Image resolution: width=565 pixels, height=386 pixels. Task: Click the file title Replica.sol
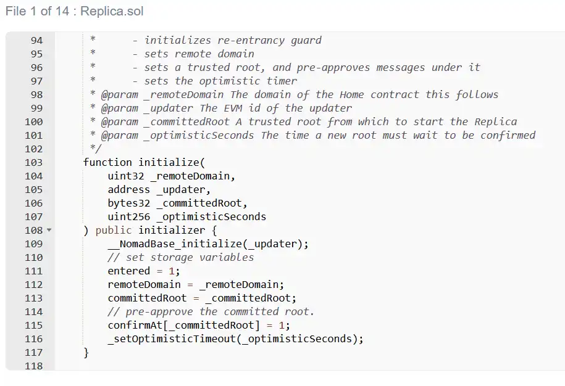pos(112,11)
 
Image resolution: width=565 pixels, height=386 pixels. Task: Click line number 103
pos(33,163)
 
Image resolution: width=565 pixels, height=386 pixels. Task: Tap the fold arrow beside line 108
pos(49,229)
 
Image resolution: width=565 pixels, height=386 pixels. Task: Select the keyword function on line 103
pos(107,163)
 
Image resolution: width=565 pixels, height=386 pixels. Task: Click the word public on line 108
pos(114,231)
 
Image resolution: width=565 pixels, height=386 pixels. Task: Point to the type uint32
pos(126,176)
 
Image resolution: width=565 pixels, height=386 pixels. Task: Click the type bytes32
pos(128,203)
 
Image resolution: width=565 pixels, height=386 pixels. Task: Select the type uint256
pos(128,217)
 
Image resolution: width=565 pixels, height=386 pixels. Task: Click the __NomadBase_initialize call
pos(175,244)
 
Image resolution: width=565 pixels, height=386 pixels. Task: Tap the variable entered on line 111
pos(128,271)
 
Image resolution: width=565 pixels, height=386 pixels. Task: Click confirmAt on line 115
pos(135,326)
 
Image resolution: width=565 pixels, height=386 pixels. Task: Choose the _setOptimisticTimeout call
pos(172,339)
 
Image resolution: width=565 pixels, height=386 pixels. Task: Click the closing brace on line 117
pos(86,353)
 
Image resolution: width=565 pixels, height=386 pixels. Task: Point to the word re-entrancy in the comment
pos(251,41)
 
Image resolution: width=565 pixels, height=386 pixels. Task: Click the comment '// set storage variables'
pos(180,258)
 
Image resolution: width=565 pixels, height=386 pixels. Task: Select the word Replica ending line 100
pos(495,122)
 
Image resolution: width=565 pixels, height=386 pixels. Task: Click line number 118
pos(33,366)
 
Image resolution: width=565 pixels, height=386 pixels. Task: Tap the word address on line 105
pos(128,190)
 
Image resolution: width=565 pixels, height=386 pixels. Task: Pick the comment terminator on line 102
pos(96,149)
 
